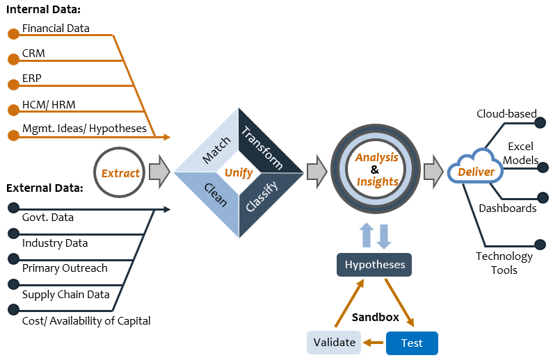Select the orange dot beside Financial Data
tap(13, 34)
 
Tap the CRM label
tap(33, 54)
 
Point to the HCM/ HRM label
tap(49, 105)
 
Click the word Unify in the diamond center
tap(239, 172)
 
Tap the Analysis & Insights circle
tap(376, 170)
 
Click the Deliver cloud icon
tap(476, 171)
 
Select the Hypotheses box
tap(375, 265)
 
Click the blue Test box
tap(412, 343)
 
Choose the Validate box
tap(334, 343)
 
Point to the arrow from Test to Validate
tap(374, 343)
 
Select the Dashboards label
tap(507, 208)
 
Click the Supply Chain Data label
tap(66, 295)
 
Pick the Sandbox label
tap(375, 317)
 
